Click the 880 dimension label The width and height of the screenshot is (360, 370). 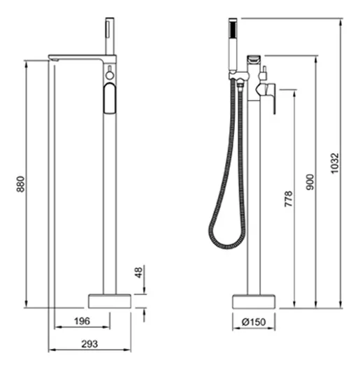click(21, 184)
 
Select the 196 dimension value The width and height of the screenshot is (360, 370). click(82, 321)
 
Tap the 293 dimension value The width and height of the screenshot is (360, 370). click(89, 344)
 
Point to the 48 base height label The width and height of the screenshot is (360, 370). click(139, 273)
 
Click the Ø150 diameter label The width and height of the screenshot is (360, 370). click(254, 322)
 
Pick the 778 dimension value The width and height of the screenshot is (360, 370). click(288, 199)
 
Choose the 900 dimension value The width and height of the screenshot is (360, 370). click(310, 182)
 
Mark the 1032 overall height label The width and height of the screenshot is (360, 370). click(335, 163)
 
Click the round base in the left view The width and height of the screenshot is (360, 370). click(110, 301)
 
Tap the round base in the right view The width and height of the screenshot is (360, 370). click(254, 301)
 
